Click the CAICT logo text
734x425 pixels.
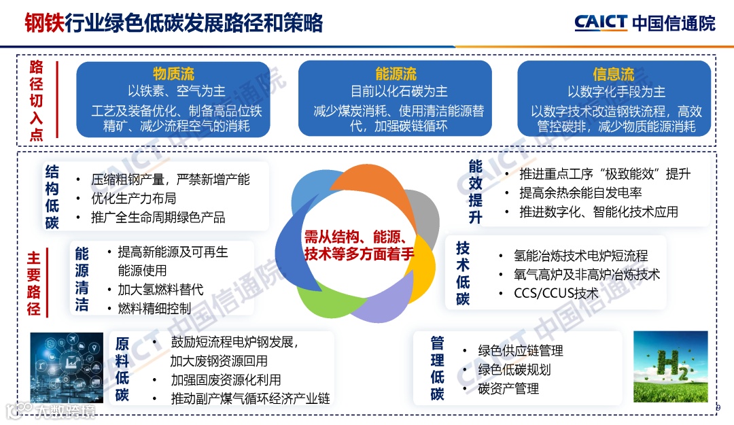tap(601, 22)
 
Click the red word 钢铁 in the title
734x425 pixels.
tap(45, 23)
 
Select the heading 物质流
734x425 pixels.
tap(173, 73)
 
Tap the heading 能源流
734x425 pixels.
tap(396, 73)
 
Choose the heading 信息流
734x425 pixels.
tap(613, 73)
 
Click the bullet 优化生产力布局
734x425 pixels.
tap(134, 199)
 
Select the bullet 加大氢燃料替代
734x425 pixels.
tap(160, 290)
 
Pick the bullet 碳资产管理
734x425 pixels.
tap(508, 388)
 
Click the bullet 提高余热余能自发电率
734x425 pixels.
tap(580, 193)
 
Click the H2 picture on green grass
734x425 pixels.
tap(670, 367)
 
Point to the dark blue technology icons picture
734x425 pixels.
tap(67, 367)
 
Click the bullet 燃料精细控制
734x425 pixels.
tap(154, 308)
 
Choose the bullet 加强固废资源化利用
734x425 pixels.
tap(226, 380)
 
